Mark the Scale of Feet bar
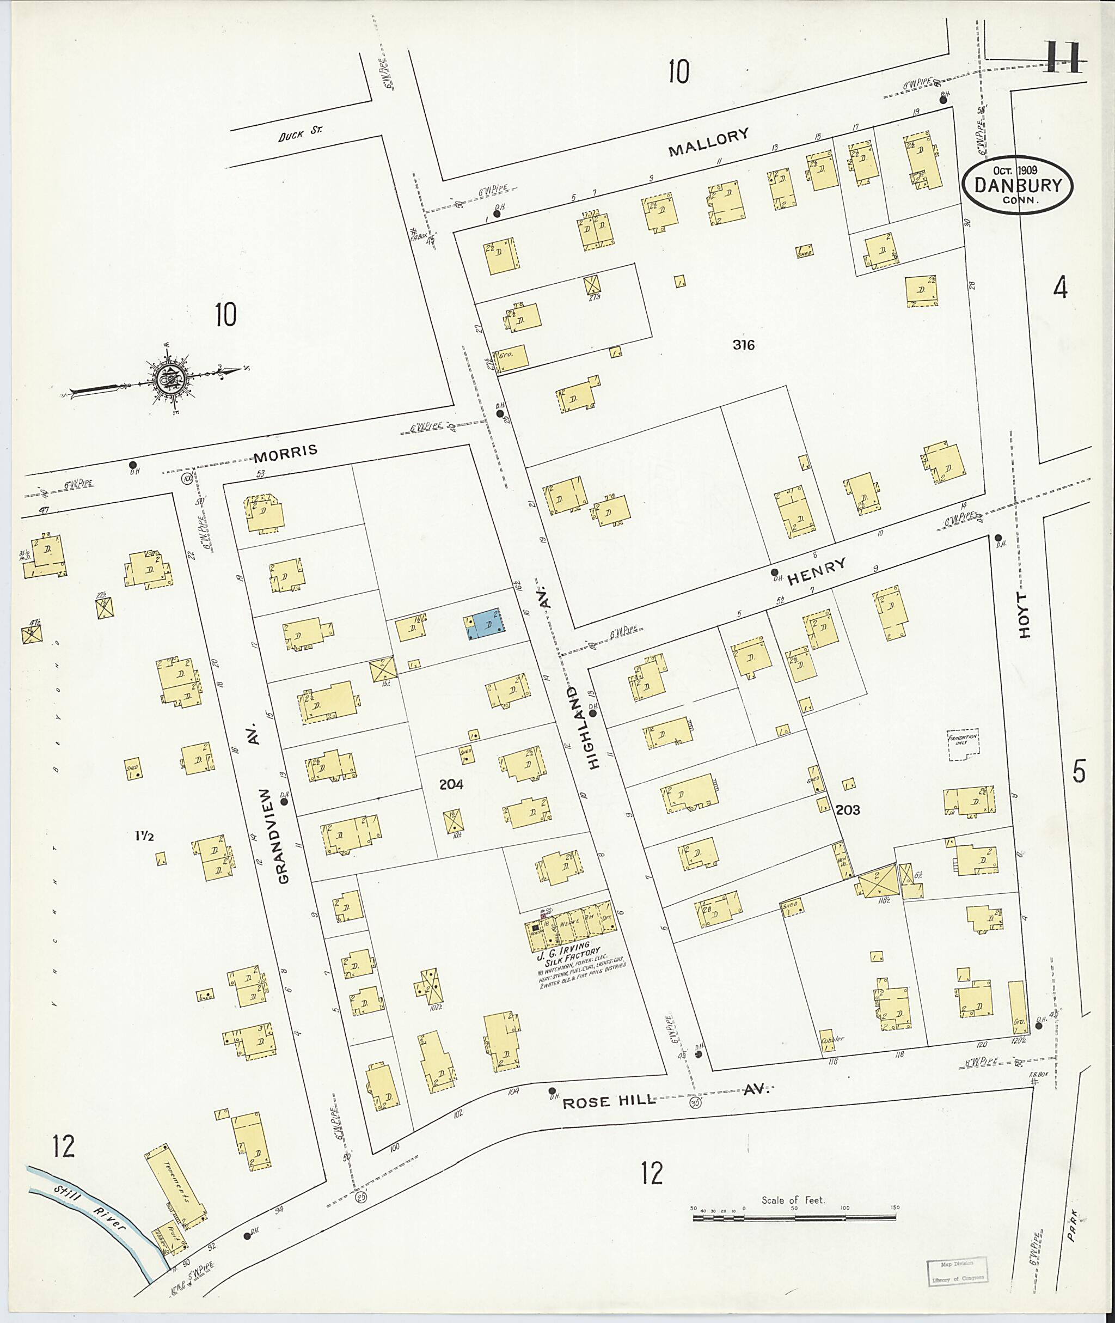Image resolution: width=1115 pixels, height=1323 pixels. tap(794, 1216)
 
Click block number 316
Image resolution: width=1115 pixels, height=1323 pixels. tap(743, 345)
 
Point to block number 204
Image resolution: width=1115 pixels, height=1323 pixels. tap(451, 785)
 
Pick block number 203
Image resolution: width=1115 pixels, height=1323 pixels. tap(847, 810)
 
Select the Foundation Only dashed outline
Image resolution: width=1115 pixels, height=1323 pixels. tap(962, 745)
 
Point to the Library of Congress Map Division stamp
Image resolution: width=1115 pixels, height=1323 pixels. tap(955, 1272)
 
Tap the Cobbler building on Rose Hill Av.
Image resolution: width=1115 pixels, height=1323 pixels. tap(829, 1040)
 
